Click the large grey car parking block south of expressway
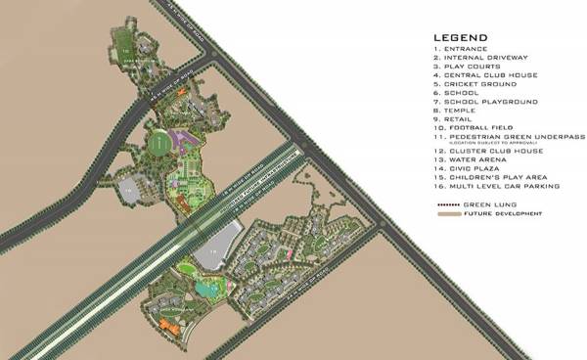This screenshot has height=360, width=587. [223, 243]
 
